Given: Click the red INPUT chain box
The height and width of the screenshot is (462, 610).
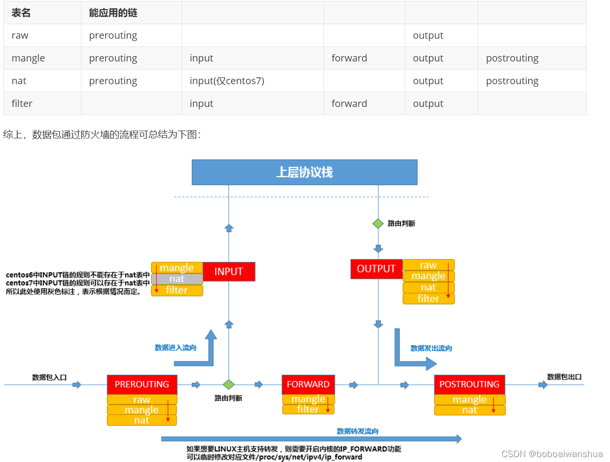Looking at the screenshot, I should pyautogui.click(x=229, y=271).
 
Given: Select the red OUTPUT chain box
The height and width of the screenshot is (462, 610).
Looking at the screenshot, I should pyautogui.click(x=376, y=268).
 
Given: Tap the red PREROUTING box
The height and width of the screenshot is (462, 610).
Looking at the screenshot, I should pyautogui.click(x=142, y=384).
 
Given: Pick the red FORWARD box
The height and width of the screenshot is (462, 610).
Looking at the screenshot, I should pyautogui.click(x=308, y=384).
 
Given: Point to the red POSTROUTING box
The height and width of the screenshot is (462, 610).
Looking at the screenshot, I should pyautogui.click(x=469, y=384).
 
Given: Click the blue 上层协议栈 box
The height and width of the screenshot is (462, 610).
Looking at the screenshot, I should pyautogui.click(x=304, y=172).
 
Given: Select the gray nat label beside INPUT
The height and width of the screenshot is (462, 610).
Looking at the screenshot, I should pyautogui.click(x=177, y=279).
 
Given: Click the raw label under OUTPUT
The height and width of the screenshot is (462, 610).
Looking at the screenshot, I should pyautogui.click(x=428, y=265).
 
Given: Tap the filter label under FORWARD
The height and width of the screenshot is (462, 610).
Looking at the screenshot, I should pyautogui.click(x=308, y=409).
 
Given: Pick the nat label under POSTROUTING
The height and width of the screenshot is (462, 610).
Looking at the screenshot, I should pyautogui.click(x=469, y=410).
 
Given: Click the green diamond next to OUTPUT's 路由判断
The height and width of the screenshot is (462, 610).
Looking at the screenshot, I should pyautogui.click(x=378, y=224).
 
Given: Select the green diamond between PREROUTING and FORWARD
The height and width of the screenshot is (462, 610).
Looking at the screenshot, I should pyautogui.click(x=229, y=385).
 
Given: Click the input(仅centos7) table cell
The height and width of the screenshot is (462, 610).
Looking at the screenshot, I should pyautogui.click(x=227, y=81).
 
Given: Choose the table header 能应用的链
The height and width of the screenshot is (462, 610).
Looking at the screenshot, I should pyautogui.click(x=113, y=13).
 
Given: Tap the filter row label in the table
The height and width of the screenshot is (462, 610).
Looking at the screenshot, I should pyautogui.click(x=22, y=104).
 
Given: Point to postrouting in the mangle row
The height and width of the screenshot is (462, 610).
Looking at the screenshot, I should pyautogui.click(x=512, y=58).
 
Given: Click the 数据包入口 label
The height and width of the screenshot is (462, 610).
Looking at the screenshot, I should pyautogui.click(x=49, y=377).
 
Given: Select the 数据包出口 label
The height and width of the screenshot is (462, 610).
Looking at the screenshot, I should pyautogui.click(x=564, y=377).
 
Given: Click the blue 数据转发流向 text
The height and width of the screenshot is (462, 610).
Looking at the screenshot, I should pyautogui.click(x=357, y=431).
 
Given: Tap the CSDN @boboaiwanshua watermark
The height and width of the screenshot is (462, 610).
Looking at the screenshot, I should pyautogui.click(x=552, y=454).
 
